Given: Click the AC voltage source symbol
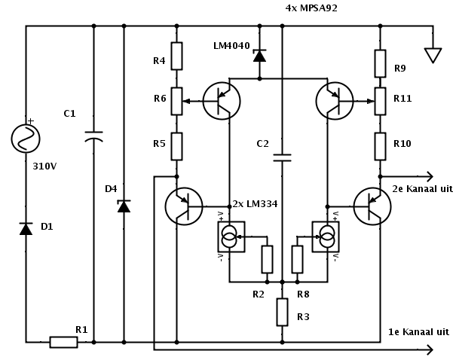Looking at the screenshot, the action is click(26, 139).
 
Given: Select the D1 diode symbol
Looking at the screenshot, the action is click(26, 229).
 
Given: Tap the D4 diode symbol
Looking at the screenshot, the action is click(124, 206).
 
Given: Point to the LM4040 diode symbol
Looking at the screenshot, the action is click(259, 56).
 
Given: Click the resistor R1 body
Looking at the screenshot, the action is click(63, 342).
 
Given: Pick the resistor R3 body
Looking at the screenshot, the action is click(282, 313).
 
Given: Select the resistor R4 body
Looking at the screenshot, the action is click(177, 56).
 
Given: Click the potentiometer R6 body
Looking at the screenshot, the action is click(177, 102).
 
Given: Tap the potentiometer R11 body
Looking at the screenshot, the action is click(380, 102).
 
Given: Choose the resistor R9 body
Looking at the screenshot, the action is click(380, 63).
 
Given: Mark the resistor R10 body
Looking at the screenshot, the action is click(380, 146).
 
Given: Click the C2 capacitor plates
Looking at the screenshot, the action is click(282, 157).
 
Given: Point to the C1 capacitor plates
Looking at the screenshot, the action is click(93, 136).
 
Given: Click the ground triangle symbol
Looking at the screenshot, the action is click(433, 56).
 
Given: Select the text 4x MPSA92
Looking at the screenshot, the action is click(311, 8).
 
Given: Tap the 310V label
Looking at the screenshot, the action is click(44, 166).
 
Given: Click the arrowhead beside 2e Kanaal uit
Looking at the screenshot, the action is click(430, 176).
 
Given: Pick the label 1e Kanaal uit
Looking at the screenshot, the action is click(418, 332).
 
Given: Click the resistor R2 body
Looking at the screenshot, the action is click(268, 259).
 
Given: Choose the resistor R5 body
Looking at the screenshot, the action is click(177, 146).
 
